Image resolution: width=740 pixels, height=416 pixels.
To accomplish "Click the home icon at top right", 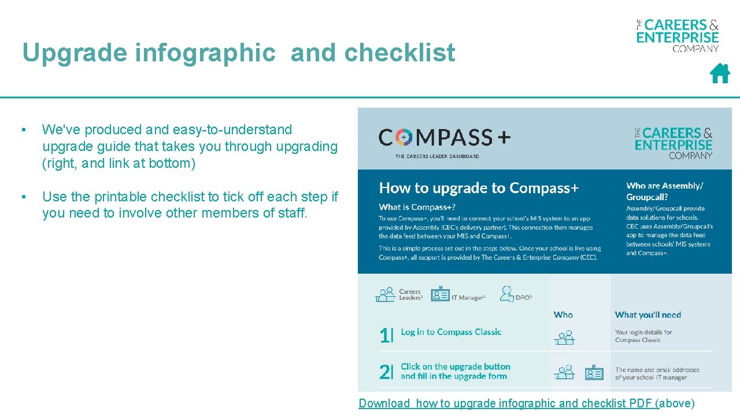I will point(720,73).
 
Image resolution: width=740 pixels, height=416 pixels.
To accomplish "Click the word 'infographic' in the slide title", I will point(205,53).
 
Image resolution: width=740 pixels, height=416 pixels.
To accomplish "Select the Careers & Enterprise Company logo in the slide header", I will point(678,35).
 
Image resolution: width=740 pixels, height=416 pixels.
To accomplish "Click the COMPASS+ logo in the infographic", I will point(445,138).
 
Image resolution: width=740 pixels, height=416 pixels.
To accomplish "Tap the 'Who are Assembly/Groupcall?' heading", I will point(665,191).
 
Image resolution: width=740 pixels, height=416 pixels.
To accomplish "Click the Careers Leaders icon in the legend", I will point(385,294).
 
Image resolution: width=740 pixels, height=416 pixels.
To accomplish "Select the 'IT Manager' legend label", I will point(468,297).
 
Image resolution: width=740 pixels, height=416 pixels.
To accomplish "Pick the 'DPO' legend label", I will point(523,297).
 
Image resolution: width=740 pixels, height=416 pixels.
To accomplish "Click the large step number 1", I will point(386,335).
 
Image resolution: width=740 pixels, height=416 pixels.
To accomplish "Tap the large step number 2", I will point(386,372).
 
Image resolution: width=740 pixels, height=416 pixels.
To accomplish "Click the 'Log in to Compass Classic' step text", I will point(451,332).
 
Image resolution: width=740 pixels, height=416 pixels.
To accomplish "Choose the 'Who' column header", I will point(563,315).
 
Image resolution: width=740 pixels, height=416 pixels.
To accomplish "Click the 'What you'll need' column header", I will point(648,315).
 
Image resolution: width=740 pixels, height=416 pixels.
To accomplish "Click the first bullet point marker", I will point(23,130).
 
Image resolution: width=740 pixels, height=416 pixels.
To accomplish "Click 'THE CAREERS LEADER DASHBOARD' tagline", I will point(437,156).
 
